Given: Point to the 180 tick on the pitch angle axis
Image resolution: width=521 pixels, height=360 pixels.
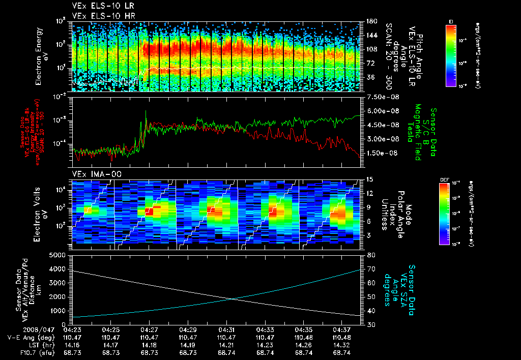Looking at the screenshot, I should click(371, 21).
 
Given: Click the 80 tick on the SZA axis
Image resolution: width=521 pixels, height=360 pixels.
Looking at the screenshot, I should click(371, 255).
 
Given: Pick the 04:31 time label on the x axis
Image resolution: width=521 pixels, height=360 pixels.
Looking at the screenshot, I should click(226, 329).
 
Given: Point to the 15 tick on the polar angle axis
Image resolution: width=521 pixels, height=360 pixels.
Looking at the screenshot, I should click(370, 179).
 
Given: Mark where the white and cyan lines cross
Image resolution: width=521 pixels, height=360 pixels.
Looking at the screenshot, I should click(232, 298).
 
